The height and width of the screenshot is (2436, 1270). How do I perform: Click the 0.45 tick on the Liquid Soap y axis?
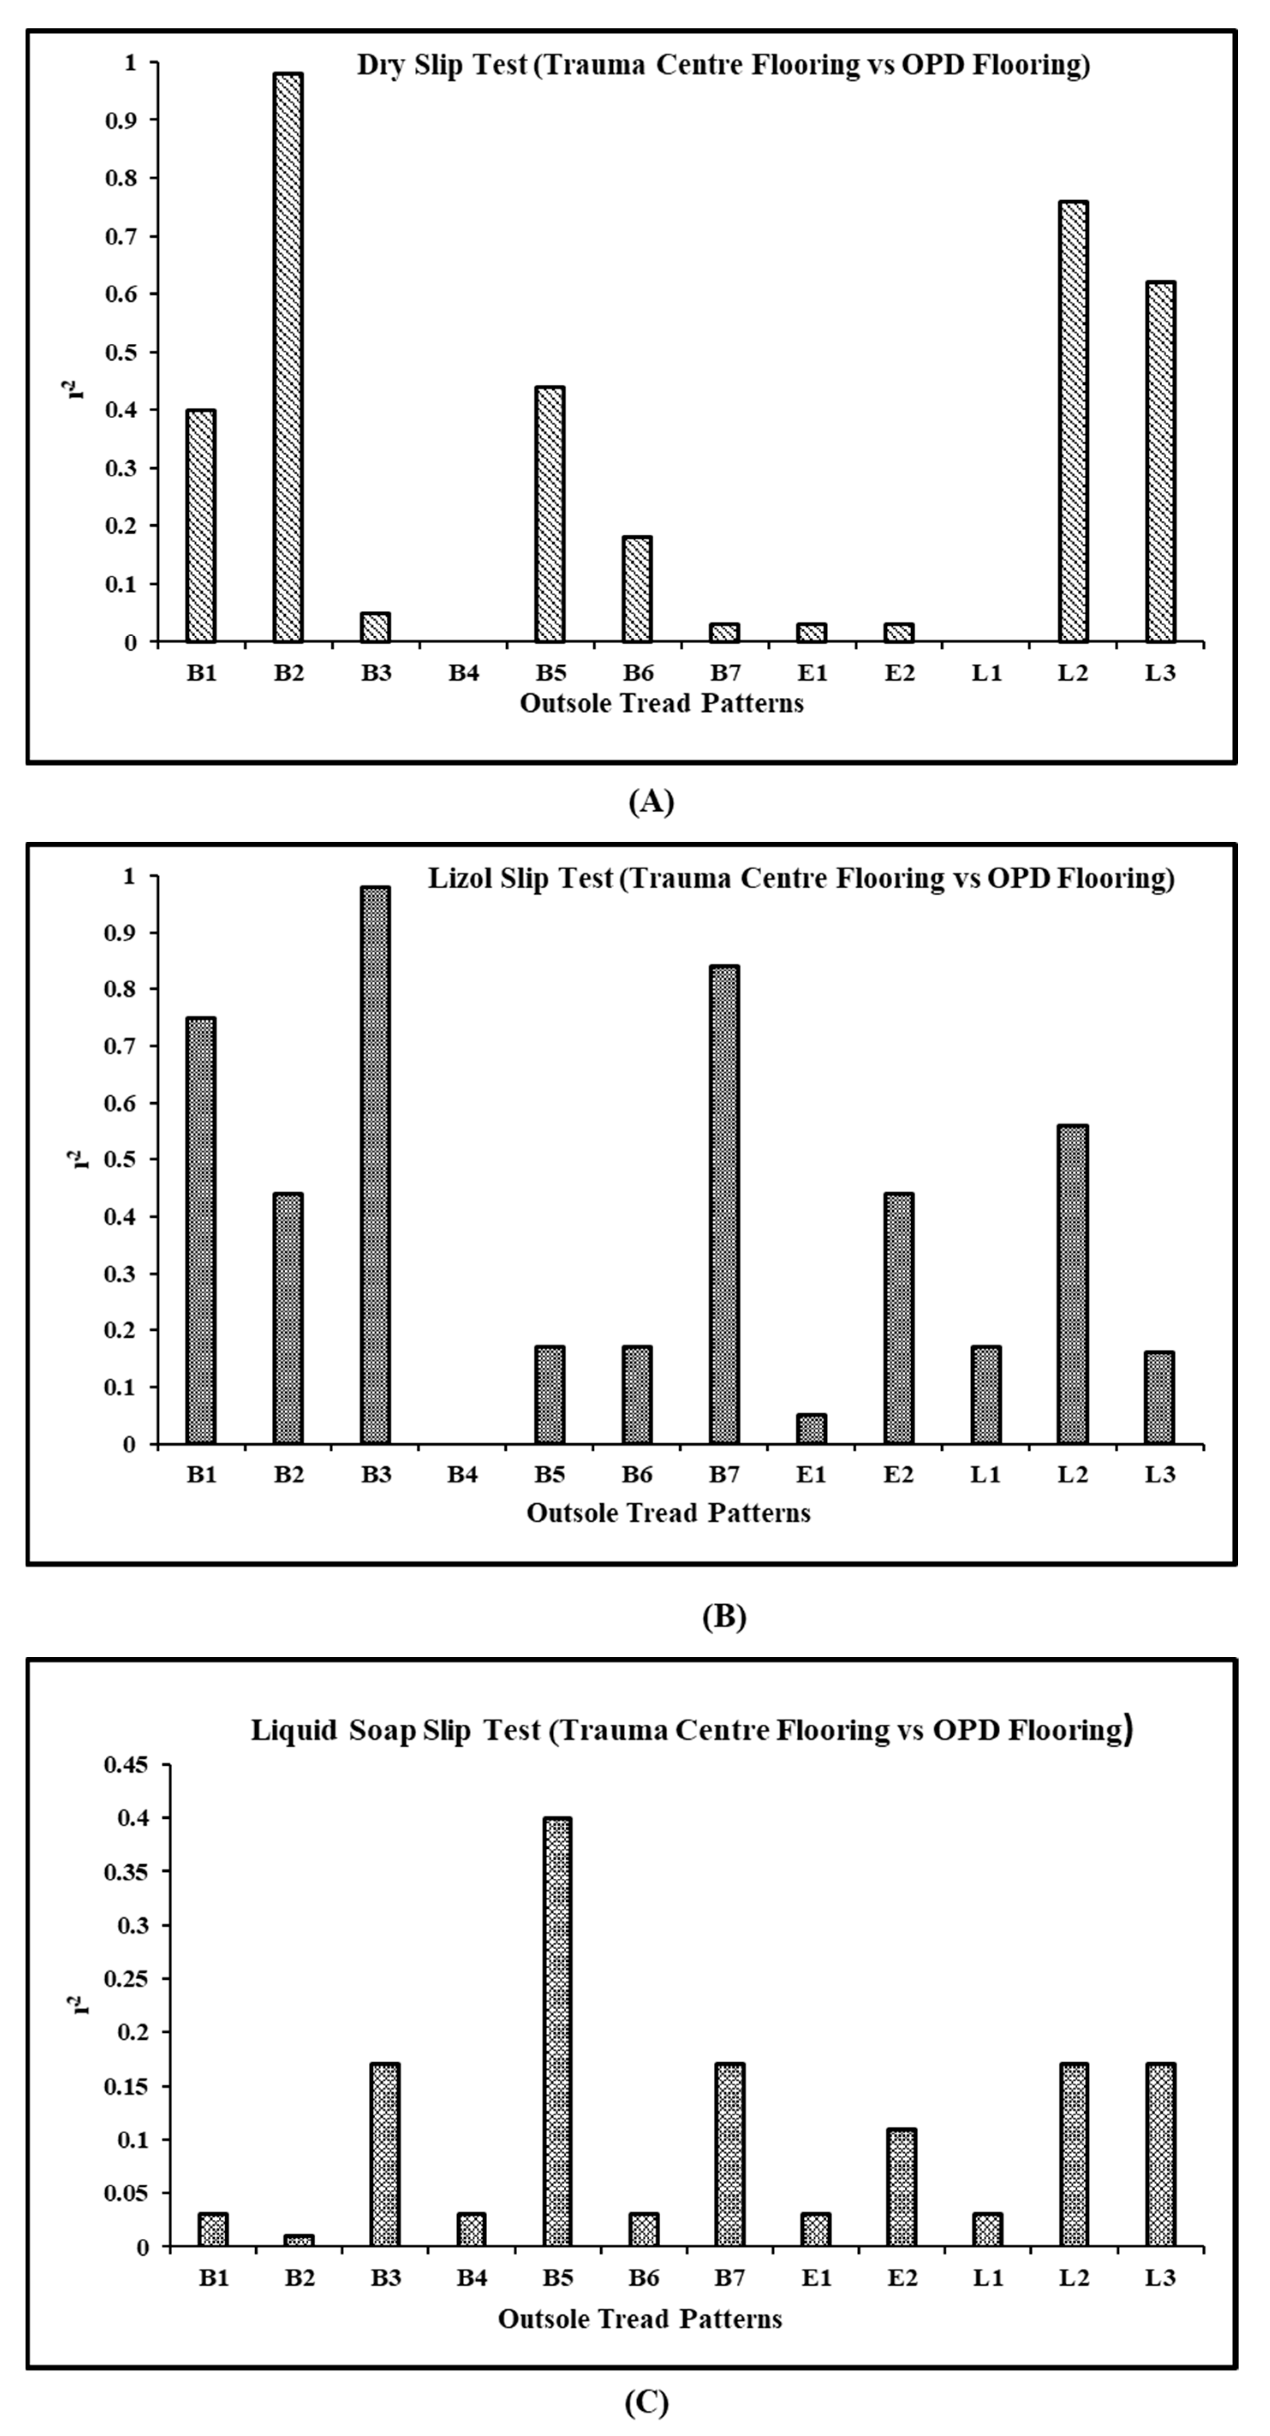click(x=130, y=1764)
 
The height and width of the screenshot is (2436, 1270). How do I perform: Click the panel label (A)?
click(x=650, y=802)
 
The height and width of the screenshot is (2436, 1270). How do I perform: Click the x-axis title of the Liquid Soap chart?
click(x=640, y=2319)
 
